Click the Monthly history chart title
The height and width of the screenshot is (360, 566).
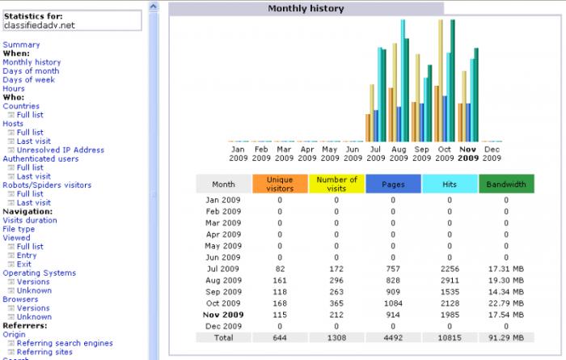coord(306,8)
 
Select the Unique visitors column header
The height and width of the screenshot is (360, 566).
coord(280,184)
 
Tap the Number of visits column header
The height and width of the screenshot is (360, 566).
coord(336,184)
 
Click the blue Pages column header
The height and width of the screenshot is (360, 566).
coord(393,184)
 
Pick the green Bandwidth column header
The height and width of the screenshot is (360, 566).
coord(506,184)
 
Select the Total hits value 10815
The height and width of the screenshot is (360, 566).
coord(450,337)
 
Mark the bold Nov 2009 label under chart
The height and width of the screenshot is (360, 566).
coord(468,154)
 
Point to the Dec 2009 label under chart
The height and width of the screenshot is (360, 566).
coord(492,154)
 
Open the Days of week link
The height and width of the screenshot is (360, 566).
coord(29,79)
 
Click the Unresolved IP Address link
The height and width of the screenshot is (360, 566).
coord(60,150)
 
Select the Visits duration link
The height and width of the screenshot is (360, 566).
coord(30,220)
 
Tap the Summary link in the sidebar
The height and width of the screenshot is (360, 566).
coord(21,44)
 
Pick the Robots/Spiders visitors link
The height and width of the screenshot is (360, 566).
coord(47,185)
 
